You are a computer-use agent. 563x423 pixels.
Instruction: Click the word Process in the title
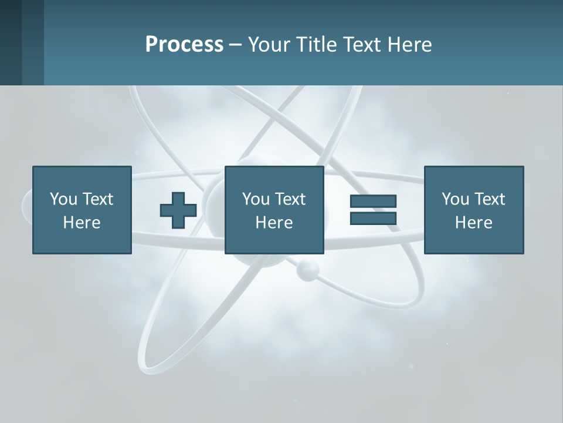point(184,45)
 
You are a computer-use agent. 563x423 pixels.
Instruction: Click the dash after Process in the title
point(235,45)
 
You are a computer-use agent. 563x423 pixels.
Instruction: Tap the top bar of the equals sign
point(373,202)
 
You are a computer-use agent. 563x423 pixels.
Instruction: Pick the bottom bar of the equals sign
point(373,219)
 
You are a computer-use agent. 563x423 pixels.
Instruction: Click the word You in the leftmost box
point(63,199)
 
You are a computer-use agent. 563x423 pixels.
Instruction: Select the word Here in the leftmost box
point(82,223)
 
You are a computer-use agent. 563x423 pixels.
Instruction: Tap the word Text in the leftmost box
point(97,199)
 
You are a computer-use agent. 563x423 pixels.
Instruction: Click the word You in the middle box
point(256,199)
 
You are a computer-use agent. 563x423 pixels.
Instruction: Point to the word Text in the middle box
point(289,199)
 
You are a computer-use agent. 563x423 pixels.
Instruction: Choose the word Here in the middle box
point(274,223)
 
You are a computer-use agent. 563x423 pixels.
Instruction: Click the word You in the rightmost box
point(455,199)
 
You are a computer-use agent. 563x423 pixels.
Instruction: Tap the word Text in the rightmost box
point(489,199)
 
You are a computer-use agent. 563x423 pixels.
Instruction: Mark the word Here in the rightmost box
point(473,223)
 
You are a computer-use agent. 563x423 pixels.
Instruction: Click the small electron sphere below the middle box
point(307,270)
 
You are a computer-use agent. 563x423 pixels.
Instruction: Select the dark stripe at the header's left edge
point(11,42)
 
